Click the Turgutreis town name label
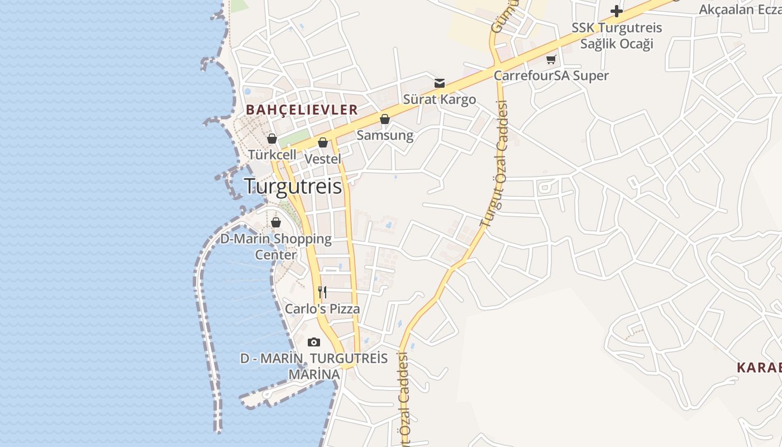(293, 186)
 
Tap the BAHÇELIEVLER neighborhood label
(302, 110)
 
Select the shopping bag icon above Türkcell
(272, 139)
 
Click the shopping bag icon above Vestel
(323, 142)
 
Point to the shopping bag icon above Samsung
(385, 119)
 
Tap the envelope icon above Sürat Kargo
(440, 83)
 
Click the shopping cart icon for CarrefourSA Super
(551, 59)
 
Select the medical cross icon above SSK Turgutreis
(617, 11)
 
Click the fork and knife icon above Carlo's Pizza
(322, 292)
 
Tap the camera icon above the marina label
(314, 342)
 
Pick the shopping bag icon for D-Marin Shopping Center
(276, 222)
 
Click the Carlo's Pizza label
(322, 309)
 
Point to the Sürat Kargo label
(440, 99)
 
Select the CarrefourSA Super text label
(551, 75)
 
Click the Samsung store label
(385, 135)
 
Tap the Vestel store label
(323, 159)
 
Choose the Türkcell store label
(271, 155)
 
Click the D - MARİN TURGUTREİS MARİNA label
(314, 366)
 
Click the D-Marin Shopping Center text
(276, 246)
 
